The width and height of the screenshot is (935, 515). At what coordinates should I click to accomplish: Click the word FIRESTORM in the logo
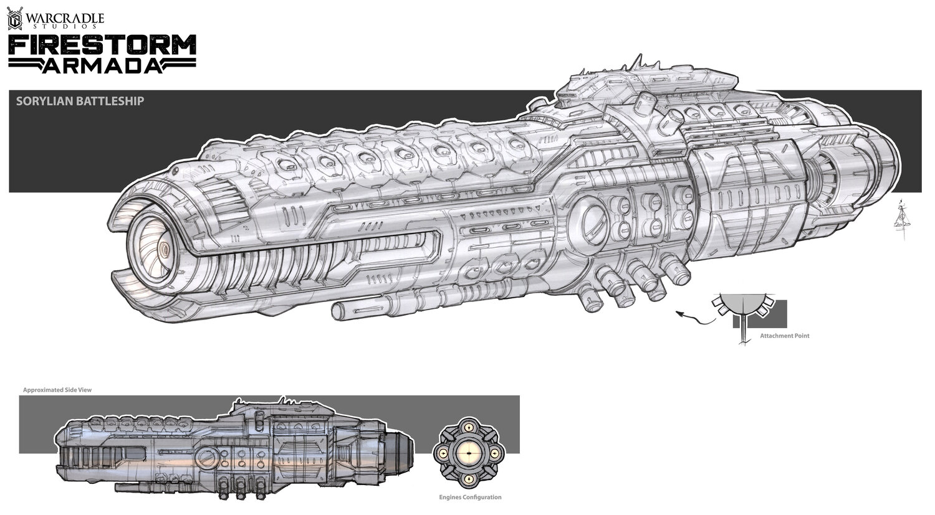click(x=102, y=45)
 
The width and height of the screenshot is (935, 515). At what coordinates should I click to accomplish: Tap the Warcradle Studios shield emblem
click(x=14, y=19)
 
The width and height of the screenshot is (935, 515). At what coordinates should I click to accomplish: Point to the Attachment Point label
click(x=784, y=336)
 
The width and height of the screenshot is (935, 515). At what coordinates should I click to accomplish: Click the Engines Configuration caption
click(x=470, y=497)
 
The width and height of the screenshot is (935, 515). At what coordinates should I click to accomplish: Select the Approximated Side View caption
click(x=57, y=390)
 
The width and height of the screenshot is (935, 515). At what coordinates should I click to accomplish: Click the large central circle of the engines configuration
click(x=467, y=453)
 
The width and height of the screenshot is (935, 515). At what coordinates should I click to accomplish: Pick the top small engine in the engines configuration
click(x=467, y=429)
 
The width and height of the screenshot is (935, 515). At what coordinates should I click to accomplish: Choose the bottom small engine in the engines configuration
click(x=467, y=478)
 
